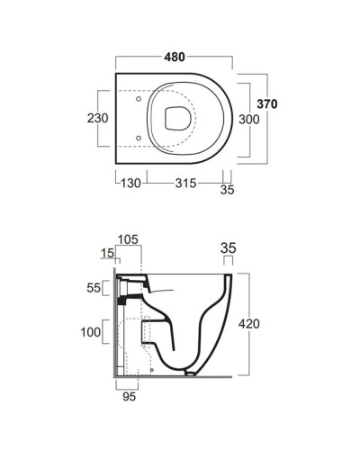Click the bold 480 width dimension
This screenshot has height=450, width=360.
pyautogui.click(x=175, y=57)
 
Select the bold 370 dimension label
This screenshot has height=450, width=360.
pyautogui.click(x=267, y=104)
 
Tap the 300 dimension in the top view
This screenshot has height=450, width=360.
pyautogui.click(x=249, y=120)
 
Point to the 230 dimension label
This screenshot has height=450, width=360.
pyautogui.click(x=98, y=118)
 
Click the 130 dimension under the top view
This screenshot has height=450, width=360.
pyautogui.click(x=130, y=183)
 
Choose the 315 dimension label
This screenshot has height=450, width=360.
pyautogui.click(x=185, y=183)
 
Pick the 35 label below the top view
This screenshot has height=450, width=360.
pyautogui.click(x=227, y=190)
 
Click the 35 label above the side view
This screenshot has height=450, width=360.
pyautogui.click(x=229, y=248)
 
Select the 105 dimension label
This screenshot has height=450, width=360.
pyautogui.click(x=128, y=239)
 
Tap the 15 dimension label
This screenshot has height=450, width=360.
pyautogui.click(x=107, y=254)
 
